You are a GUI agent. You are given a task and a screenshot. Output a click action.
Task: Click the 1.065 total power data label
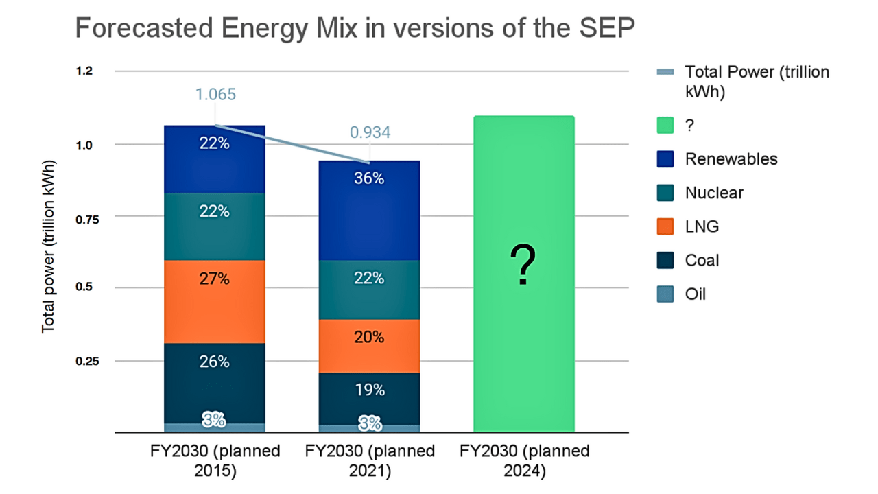pyautogui.click(x=215, y=95)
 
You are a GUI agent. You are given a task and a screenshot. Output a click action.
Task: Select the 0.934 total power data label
pyautogui.click(x=370, y=132)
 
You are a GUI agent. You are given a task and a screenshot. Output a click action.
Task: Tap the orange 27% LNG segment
pyautogui.click(x=215, y=301)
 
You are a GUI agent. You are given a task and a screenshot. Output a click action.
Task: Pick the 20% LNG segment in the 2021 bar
pyautogui.click(x=370, y=346)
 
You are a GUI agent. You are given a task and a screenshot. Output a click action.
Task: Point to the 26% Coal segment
pyautogui.click(x=215, y=383)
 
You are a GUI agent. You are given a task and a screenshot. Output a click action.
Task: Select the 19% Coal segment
pyautogui.click(x=370, y=399)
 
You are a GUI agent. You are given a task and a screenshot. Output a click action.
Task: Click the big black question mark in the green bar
pyautogui.click(x=523, y=267)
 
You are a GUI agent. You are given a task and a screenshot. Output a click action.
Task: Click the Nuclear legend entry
pyautogui.click(x=713, y=193)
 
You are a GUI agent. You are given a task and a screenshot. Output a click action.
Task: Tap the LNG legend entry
pyautogui.click(x=702, y=226)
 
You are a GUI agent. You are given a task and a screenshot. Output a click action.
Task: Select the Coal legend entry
pyautogui.click(x=702, y=261)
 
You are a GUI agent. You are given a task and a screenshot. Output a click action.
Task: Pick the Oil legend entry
pyautogui.click(x=695, y=294)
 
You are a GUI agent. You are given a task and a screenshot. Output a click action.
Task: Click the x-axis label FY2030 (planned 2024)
pyautogui.click(x=525, y=461)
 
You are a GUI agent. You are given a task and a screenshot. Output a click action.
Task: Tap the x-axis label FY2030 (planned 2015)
pyautogui.click(x=215, y=461)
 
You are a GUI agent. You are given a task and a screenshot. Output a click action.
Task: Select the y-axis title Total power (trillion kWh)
pyautogui.click(x=48, y=248)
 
